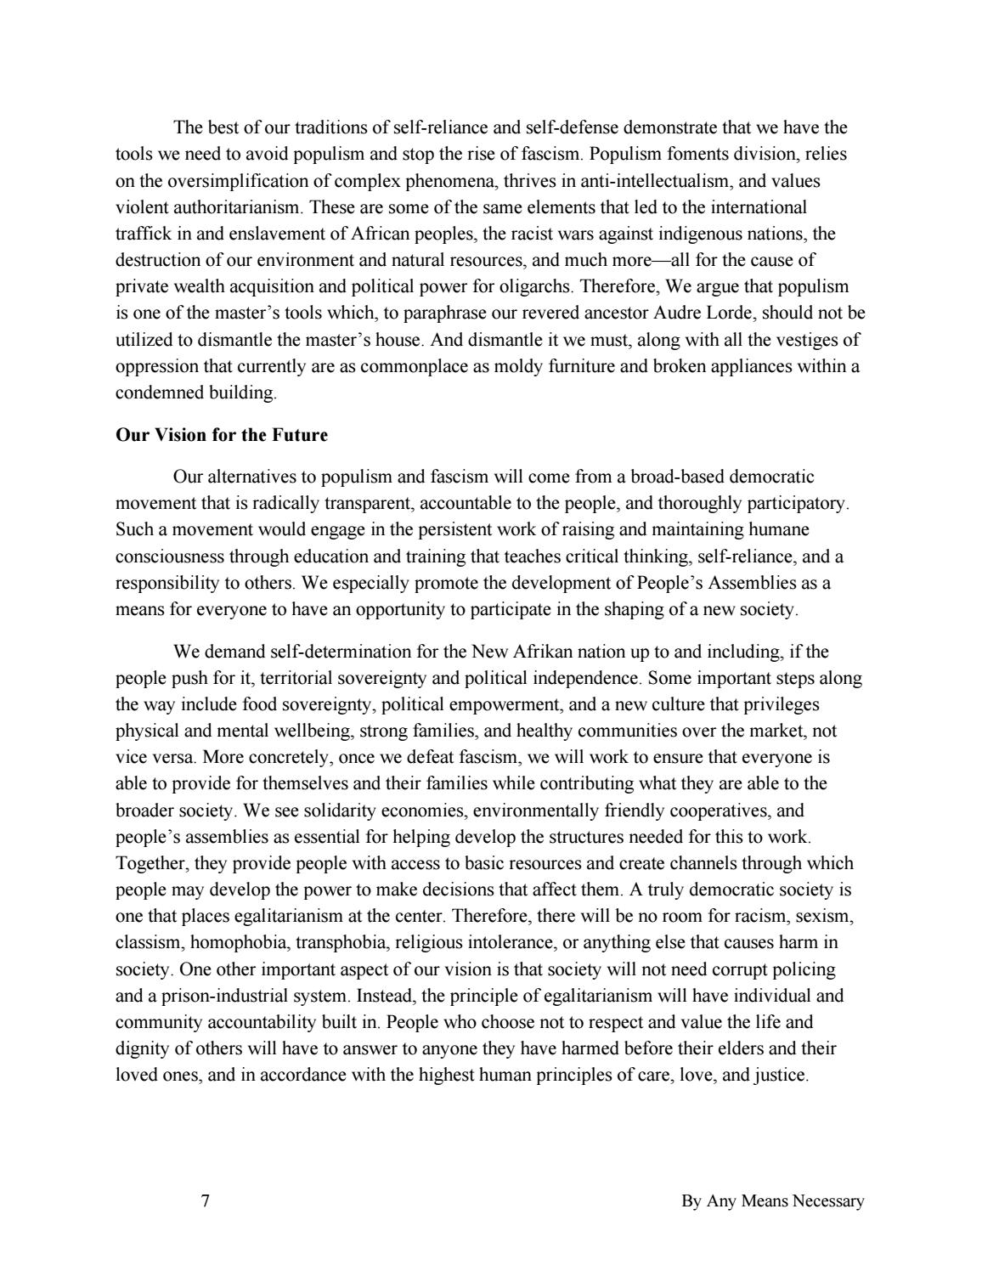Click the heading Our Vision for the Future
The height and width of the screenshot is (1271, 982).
pos(221,436)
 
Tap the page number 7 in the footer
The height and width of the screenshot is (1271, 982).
pos(206,1200)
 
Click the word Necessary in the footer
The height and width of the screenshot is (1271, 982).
pos(828,1200)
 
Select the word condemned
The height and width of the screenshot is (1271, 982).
pos(153,393)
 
